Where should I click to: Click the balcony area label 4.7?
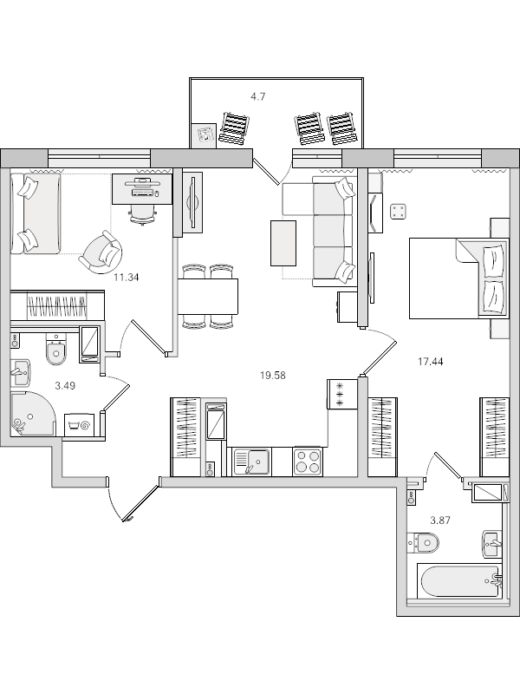click(x=257, y=96)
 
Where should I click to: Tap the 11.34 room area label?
click(x=127, y=278)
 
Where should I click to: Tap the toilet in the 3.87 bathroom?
click(x=426, y=543)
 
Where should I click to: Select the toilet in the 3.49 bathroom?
click(x=55, y=352)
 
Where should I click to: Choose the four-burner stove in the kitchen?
click(x=308, y=461)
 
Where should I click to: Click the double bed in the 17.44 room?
click(x=455, y=278)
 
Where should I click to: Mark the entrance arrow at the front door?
click(x=139, y=505)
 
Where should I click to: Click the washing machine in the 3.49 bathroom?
click(x=84, y=424)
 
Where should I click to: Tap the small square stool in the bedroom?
click(x=399, y=211)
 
